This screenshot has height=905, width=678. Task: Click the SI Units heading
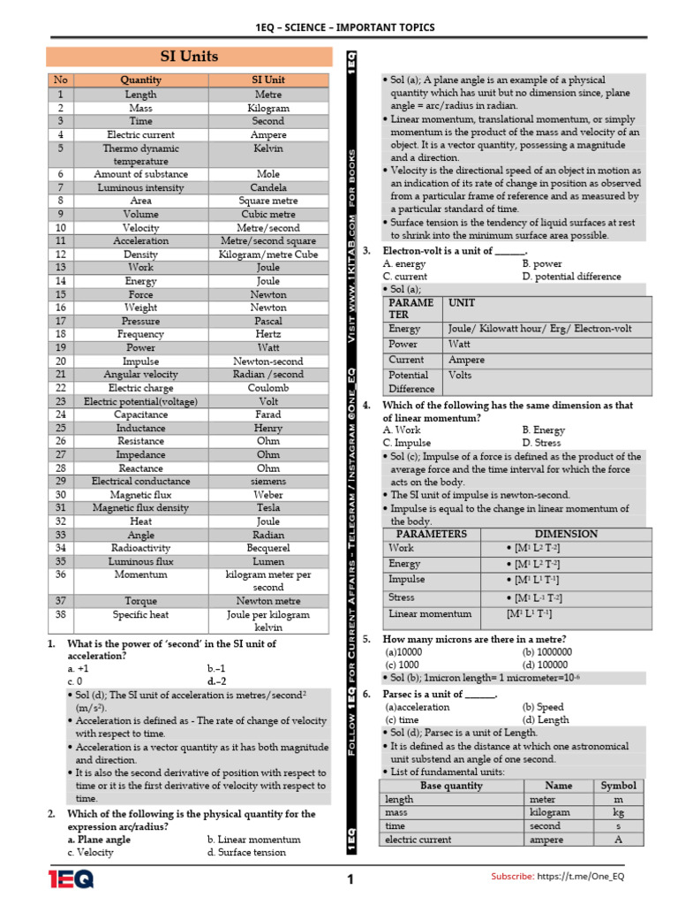coord(188,57)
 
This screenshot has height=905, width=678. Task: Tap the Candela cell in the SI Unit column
coord(268,187)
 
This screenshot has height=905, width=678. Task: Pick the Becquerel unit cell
coord(268,548)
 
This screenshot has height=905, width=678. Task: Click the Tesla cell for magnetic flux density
coord(268,508)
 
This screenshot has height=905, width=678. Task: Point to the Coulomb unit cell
coord(268,388)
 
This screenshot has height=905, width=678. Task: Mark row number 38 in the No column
coord(61,614)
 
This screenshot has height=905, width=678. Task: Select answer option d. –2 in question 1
coord(217,681)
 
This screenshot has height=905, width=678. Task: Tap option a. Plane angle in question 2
coord(99,840)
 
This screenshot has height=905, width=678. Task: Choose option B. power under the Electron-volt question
coord(542,263)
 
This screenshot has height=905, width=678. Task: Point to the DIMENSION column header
coord(566,534)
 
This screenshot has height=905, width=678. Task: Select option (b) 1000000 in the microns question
coord(547,652)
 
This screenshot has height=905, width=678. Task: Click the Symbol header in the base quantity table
coord(618,785)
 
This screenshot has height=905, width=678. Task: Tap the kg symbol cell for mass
coord(618,812)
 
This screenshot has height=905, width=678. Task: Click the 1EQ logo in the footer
coord(71,878)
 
